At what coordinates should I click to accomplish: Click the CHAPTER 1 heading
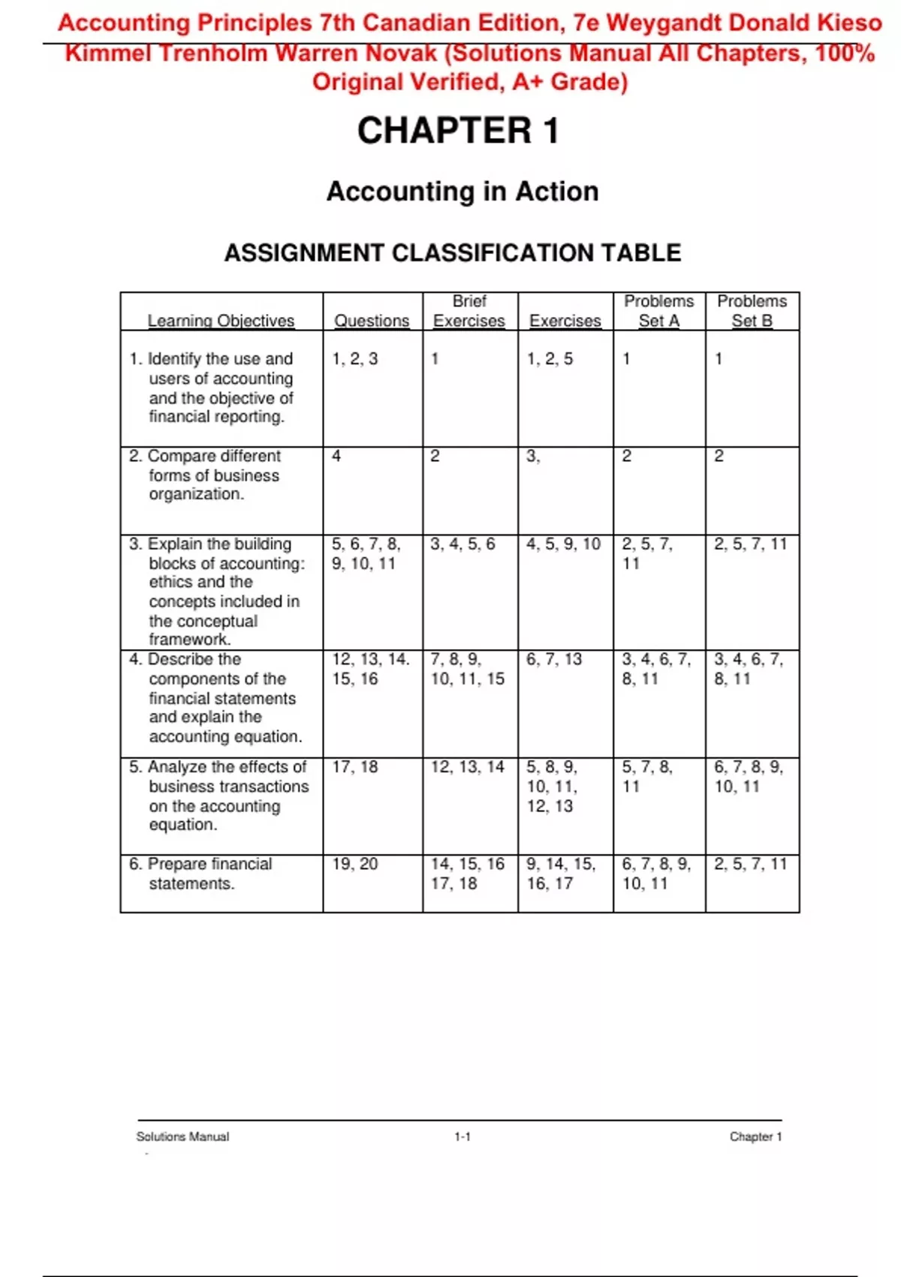pyautogui.click(x=458, y=131)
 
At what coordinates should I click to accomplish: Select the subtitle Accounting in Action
pyautogui.click(x=463, y=192)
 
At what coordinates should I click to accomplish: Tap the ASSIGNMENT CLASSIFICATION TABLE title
pyautogui.click(x=453, y=253)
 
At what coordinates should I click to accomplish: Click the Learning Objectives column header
pyautogui.click(x=221, y=321)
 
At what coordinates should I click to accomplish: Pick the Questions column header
pyautogui.click(x=372, y=321)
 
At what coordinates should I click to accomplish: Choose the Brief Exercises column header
pyautogui.click(x=469, y=311)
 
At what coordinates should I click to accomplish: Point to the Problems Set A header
pyautogui.click(x=658, y=311)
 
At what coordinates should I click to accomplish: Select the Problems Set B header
pyautogui.click(x=752, y=311)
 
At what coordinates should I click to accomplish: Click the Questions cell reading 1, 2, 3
pyautogui.click(x=355, y=359)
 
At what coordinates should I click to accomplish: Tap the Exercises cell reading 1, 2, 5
pyautogui.click(x=550, y=359)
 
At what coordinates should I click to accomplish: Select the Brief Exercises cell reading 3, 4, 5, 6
pyautogui.click(x=463, y=544)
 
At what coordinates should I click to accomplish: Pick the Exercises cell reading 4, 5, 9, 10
pyautogui.click(x=563, y=544)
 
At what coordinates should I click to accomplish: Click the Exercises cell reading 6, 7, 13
pyautogui.click(x=554, y=660)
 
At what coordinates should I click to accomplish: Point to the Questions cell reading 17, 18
pyautogui.click(x=355, y=767)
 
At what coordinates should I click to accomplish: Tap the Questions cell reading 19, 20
pyautogui.click(x=355, y=864)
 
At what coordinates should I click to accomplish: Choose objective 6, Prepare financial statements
pyautogui.click(x=200, y=874)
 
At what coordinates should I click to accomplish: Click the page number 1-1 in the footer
pyautogui.click(x=463, y=1137)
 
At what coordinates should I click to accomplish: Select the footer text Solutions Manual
pyautogui.click(x=182, y=1137)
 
